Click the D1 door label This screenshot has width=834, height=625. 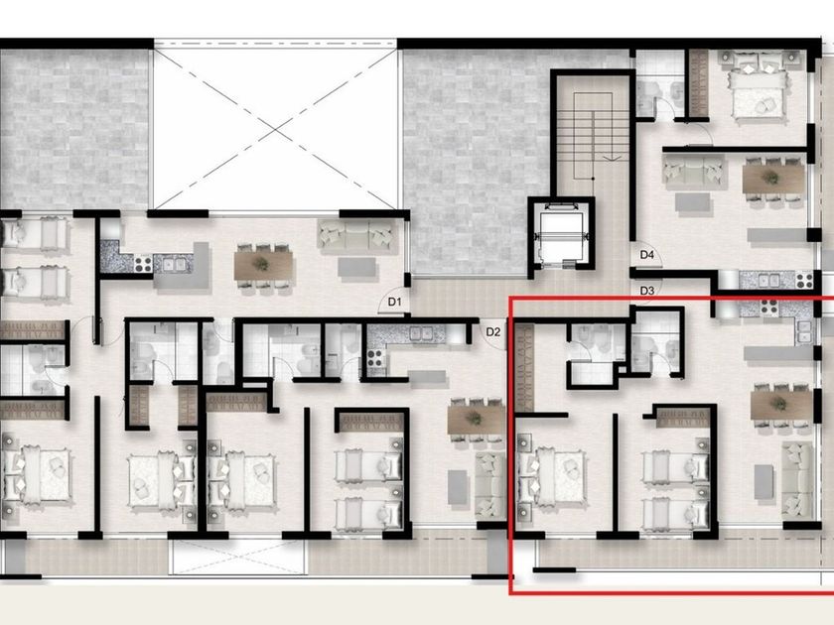pyautogui.click(x=394, y=303)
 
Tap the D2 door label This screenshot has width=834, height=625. pyautogui.click(x=493, y=332)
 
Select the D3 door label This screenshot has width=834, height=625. pyautogui.click(x=646, y=291)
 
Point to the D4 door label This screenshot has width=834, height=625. pyautogui.click(x=646, y=255)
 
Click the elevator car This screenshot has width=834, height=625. pyautogui.click(x=561, y=234)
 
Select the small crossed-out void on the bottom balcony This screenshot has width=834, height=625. pyautogui.click(x=237, y=557)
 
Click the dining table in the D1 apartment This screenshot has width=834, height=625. pyautogui.click(x=263, y=265)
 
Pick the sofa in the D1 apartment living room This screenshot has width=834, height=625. pyautogui.click(x=356, y=234)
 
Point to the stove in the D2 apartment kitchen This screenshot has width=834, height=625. pyautogui.click(x=374, y=359)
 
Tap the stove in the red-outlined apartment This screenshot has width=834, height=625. pyautogui.click(x=769, y=307)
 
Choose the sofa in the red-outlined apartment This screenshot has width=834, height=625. pyautogui.click(x=797, y=481)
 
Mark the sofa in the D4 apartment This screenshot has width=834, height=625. pyautogui.click(x=695, y=170)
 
